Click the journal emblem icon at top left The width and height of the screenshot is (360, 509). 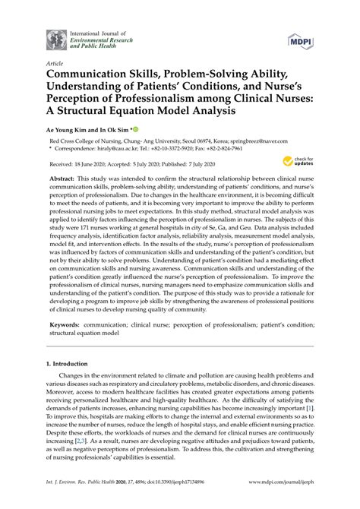55,39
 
